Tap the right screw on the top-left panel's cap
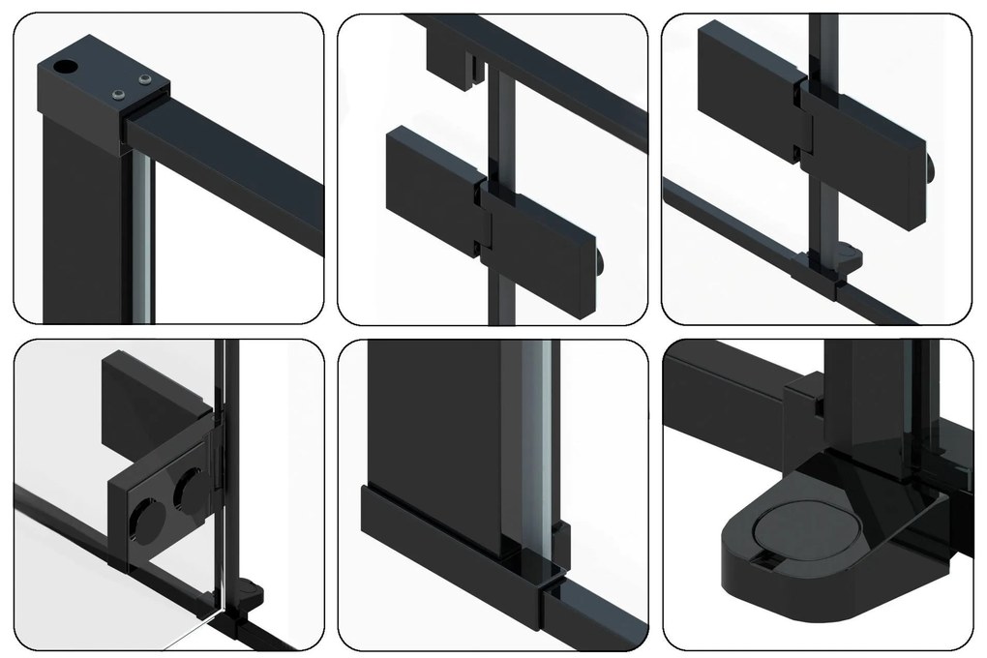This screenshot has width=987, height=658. tap(145, 79)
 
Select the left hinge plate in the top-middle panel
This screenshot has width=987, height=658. tap(432, 174)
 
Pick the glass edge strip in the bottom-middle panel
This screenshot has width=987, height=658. tap(538, 445)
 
